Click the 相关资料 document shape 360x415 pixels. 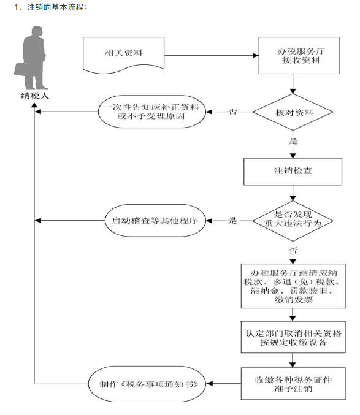(x=124, y=53)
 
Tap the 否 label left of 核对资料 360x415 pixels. (x=232, y=112)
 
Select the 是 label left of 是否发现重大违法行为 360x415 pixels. (x=232, y=219)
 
